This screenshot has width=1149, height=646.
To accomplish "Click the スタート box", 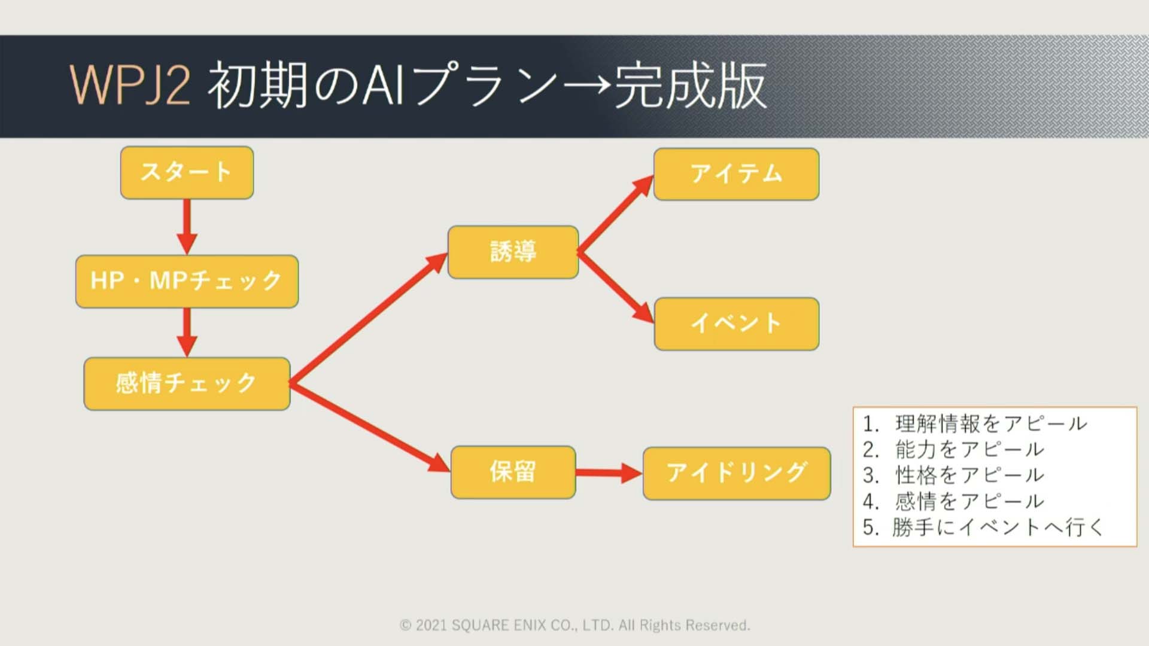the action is (187, 173).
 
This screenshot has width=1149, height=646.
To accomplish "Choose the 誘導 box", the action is (513, 252).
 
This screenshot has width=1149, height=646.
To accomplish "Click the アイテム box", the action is (736, 174).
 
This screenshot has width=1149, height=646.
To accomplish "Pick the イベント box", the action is (737, 324).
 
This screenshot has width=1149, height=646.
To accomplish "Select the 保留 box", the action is (513, 472).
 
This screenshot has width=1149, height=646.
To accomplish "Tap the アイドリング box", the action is (737, 473).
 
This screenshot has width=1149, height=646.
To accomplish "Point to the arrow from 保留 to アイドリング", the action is (609, 473).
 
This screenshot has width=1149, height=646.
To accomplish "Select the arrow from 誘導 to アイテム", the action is (616, 214).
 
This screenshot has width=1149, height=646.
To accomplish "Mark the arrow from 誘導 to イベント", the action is (616, 288).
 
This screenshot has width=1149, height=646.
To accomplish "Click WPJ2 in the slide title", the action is (130, 86).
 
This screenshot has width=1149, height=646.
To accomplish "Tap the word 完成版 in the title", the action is (691, 86).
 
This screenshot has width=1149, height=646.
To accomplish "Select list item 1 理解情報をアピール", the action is (975, 423).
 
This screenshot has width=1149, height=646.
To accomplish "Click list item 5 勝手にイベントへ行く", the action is (983, 527).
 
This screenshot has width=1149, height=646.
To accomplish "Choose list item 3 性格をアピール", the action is (953, 475).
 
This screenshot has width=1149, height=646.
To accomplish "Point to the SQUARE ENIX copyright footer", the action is (574, 625).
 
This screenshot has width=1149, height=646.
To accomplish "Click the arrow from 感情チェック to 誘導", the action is (369, 318).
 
